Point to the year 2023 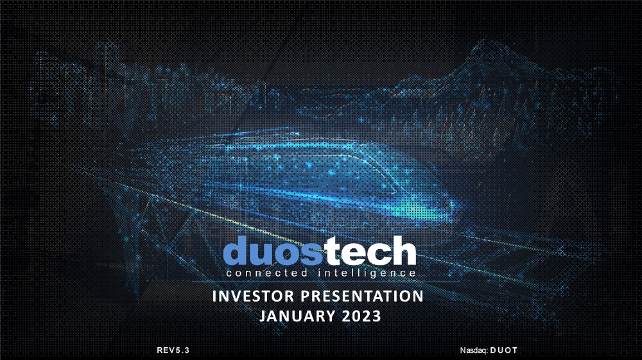[361, 316]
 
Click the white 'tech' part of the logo [370, 250]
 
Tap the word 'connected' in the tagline [266, 273]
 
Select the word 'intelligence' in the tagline [367, 273]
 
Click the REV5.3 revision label [173, 350]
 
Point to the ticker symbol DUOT [503, 350]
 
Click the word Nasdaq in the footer [474, 350]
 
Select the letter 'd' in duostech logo [236, 250]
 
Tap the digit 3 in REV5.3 [187, 350]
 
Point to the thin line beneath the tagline [325, 282]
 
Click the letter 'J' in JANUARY [263, 316]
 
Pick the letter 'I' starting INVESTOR [214, 296]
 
